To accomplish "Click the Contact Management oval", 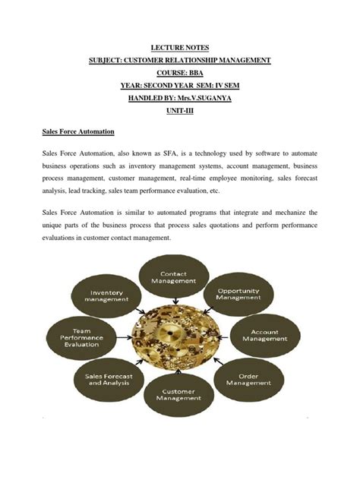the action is click(x=173, y=277).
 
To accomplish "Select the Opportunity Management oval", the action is click(x=239, y=294).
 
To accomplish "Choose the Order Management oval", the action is click(x=245, y=379).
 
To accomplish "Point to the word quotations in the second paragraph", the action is click(x=228, y=226).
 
